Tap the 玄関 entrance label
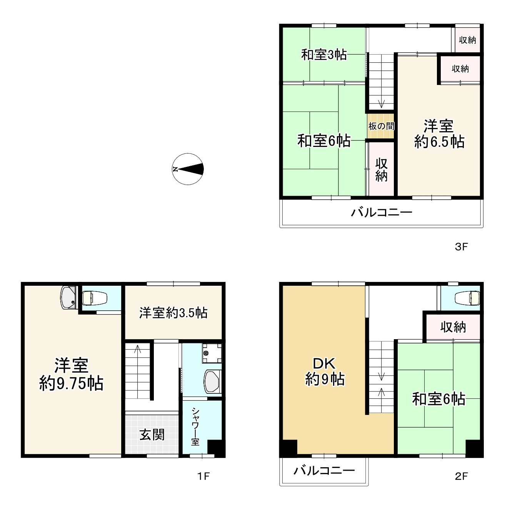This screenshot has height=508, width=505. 152,435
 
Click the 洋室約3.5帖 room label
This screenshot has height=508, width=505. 173,313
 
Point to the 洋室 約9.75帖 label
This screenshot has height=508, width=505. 72,374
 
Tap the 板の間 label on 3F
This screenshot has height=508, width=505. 381,126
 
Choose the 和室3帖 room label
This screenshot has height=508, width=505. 324,55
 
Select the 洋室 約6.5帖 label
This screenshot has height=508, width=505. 439,134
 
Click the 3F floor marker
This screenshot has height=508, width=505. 461,247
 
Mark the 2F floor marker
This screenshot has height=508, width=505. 461,476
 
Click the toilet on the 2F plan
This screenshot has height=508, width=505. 467,298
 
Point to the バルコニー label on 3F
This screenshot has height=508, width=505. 381,213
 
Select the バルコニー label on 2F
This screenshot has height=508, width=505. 324,471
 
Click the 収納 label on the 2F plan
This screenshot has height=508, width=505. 453,327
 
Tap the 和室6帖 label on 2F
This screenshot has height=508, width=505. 438,399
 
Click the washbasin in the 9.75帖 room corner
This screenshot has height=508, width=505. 69,297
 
